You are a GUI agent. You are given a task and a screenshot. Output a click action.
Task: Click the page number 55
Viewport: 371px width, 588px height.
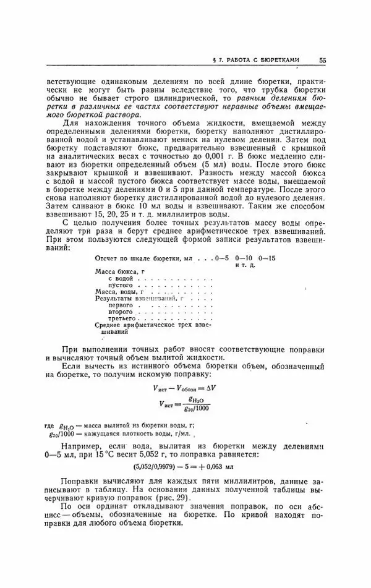323,61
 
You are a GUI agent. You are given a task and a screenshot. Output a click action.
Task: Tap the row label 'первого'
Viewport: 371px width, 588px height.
120,305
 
